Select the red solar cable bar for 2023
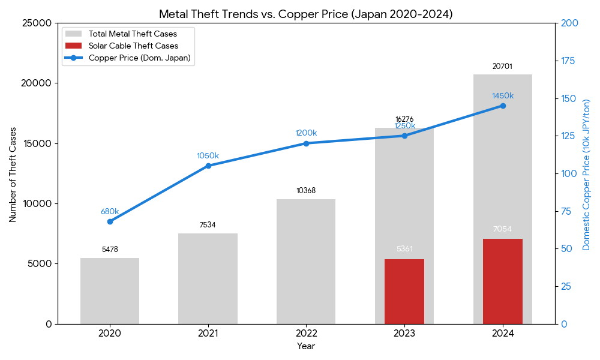pos(404,292)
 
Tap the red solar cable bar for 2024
pos(503,282)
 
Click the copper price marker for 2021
pos(208,166)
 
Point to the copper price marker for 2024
pos(503,106)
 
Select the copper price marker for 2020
pos(110,221)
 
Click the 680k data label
pos(110,212)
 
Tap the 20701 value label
pos(502,67)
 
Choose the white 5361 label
pos(404,249)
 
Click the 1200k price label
pos(306,133)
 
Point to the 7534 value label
pos(208,226)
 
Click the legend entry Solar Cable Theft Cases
pos(133,46)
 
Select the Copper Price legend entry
pos(139,58)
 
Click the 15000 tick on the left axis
pos(40,143)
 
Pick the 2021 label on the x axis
pos(208,333)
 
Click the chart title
pos(306,14)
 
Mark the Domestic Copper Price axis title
pos(587,174)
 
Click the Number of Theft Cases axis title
pos(13,173)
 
